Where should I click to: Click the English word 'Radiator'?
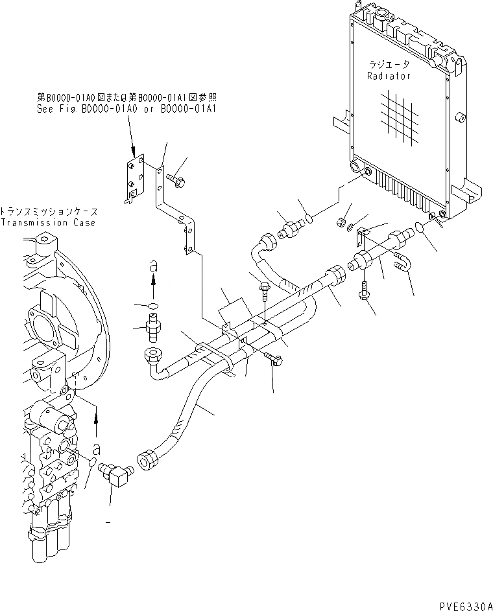coord(389,76)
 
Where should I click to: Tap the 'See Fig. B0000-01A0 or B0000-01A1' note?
coord(126,110)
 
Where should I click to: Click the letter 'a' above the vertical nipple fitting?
coord(153,265)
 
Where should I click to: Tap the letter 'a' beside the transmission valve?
coord(96,448)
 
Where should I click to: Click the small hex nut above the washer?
coord(340,222)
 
